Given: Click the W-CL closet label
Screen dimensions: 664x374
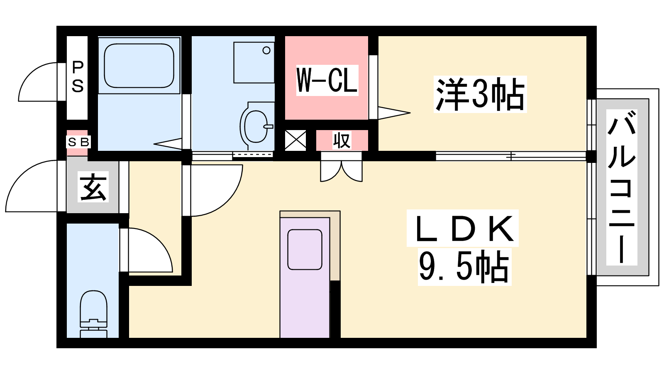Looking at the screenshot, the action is tap(327, 81).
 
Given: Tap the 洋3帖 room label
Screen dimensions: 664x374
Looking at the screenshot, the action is tap(480, 94).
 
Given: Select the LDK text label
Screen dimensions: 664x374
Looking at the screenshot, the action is tap(463, 229).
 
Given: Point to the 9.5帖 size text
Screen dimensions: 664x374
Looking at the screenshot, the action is tap(464, 266).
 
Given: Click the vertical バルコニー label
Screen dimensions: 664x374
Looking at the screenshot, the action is tap(621, 187).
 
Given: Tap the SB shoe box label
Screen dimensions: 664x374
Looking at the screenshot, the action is tap(78, 143).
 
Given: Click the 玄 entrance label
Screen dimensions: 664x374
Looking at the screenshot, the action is tap(93, 187).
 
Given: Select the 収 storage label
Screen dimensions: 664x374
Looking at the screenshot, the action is tap(342, 140).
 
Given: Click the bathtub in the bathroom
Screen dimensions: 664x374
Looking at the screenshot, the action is tap(139, 66).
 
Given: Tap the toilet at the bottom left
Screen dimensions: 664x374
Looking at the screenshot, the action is tap(93, 314).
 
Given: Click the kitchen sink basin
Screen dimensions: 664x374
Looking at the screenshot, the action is tap(305, 250).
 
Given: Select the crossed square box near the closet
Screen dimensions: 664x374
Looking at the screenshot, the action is tap(295, 140).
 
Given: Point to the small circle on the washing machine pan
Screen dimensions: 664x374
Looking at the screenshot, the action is tap(266, 50).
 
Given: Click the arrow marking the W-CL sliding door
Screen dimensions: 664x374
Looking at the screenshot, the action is tap(394, 113).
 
